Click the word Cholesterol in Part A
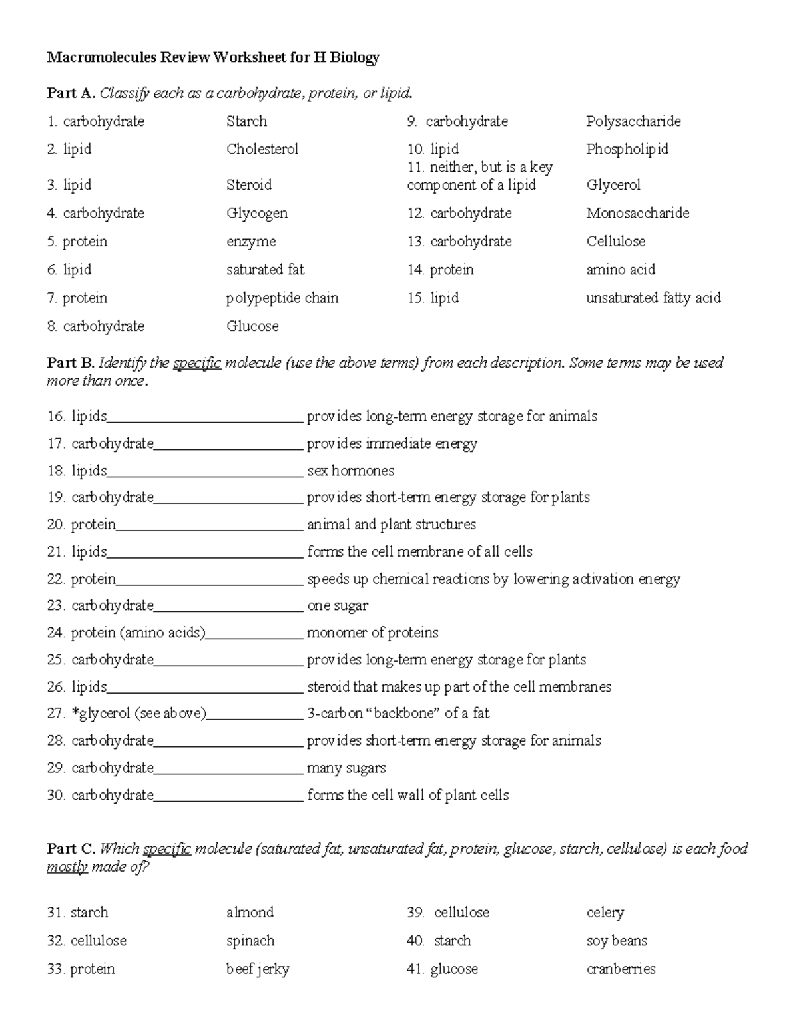pyautogui.click(x=262, y=149)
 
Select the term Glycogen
pyautogui.click(x=257, y=214)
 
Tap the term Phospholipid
pyautogui.click(x=627, y=149)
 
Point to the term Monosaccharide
pyautogui.click(x=637, y=214)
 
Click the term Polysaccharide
pyautogui.click(x=633, y=121)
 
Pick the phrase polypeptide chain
pyautogui.click(x=282, y=298)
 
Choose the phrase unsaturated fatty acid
pyautogui.click(x=653, y=298)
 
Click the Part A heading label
pyautogui.click(x=71, y=93)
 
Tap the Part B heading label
pyautogui.click(x=71, y=363)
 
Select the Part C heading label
pyautogui.click(x=71, y=848)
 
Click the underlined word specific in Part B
pyautogui.click(x=197, y=363)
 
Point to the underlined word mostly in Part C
pyautogui.click(x=67, y=866)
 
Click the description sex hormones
pyautogui.click(x=350, y=471)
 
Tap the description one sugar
pyautogui.click(x=337, y=605)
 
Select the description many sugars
pyautogui.click(x=346, y=768)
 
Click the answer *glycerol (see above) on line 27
pyautogui.click(x=138, y=714)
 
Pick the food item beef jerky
pyautogui.click(x=258, y=969)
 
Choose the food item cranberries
pyautogui.click(x=621, y=969)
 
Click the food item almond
pyautogui.click(x=250, y=912)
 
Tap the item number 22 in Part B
pyautogui.click(x=55, y=579)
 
